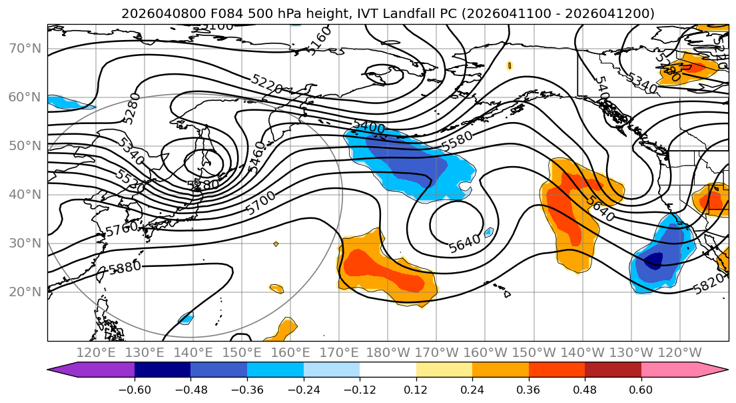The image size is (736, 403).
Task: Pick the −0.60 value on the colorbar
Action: pos(135,389)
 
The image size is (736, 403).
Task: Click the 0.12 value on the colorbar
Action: pos(416,389)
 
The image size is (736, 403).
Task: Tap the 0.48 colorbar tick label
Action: pos(584,389)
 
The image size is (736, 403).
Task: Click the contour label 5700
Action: pos(260,203)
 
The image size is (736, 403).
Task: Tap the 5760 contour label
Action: pos(121,229)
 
